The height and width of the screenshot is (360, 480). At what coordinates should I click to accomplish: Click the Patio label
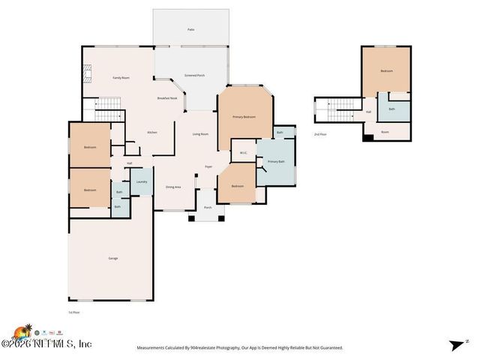click(x=190, y=29)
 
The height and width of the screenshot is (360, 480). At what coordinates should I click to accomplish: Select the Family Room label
click(x=121, y=77)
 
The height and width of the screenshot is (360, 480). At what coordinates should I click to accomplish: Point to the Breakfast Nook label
click(x=166, y=98)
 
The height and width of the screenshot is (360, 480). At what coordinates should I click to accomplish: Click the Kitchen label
click(x=151, y=132)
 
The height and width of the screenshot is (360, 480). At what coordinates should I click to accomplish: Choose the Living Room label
click(x=200, y=134)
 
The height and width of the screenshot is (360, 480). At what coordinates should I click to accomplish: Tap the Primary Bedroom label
click(x=244, y=117)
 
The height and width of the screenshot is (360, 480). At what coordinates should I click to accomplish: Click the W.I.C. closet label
click(x=244, y=153)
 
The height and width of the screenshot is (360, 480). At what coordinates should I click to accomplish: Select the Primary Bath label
click(x=276, y=161)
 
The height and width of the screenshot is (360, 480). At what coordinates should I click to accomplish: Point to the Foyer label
click(x=208, y=166)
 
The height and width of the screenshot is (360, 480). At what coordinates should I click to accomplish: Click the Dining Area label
click(x=172, y=187)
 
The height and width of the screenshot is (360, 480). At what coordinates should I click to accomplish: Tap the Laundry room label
click(x=141, y=181)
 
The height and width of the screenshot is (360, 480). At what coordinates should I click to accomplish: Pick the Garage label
click(x=112, y=258)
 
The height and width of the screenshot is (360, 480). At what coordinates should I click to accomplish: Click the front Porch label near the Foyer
click(x=208, y=207)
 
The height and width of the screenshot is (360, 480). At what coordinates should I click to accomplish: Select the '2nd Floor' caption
click(x=320, y=134)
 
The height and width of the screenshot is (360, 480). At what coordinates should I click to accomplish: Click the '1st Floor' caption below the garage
click(x=73, y=311)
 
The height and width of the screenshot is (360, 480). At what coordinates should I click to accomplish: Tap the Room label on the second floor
click(x=385, y=132)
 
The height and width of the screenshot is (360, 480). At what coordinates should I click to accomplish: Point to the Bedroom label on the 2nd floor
click(x=386, y=70)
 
